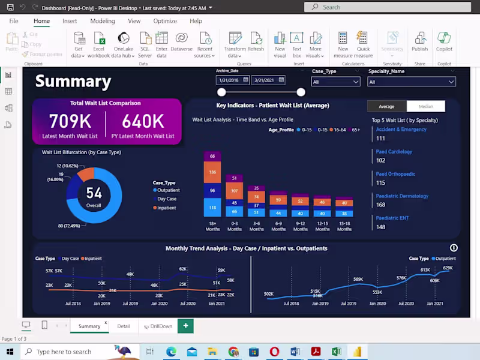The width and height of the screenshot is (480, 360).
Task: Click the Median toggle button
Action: pos(425,106)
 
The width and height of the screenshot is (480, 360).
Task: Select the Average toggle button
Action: pos(386,106)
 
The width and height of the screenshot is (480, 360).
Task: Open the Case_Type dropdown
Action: pos(335,82)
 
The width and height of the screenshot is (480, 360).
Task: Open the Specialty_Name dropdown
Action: pos(412,82)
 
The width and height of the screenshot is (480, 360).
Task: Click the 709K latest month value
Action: pos(70,121)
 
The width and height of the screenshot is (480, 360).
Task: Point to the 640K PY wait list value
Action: pos(143,121)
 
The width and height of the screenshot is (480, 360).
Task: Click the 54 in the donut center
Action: pos(94,193)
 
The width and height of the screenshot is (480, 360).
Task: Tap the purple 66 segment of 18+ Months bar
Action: pos(212,157)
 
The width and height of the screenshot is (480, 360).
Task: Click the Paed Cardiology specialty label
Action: pos(394,152)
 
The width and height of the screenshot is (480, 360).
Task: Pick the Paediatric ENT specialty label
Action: pos(392,218)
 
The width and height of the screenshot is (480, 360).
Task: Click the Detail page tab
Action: pos(124,326)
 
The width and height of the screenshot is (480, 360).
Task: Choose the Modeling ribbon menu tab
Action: pos(103,21)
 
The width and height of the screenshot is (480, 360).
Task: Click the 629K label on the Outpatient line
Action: pos(448,268)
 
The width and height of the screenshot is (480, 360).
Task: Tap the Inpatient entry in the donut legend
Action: pos(167,208)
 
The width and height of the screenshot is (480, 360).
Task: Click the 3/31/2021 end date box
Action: pos(268,80)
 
